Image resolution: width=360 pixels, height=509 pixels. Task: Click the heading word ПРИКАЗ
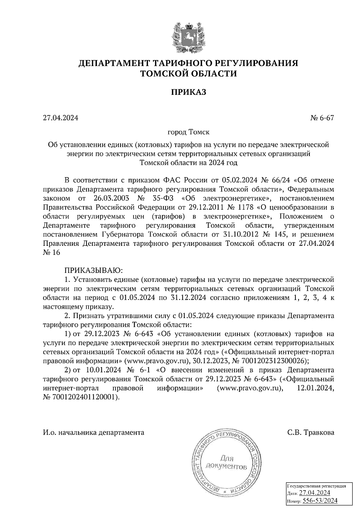tap(189, 92)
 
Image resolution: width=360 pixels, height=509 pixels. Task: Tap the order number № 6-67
tap(322, 118)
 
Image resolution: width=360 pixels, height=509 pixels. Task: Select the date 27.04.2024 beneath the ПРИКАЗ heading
tap(61, 118)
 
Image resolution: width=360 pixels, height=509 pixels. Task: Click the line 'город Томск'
tap(189, 132)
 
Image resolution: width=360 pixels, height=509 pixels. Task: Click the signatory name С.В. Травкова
tap(310, 433)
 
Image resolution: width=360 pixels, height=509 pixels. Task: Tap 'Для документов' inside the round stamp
tap(226, 463)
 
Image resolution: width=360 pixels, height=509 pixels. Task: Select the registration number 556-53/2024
tap(320, 500)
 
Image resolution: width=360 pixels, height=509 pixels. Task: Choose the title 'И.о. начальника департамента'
tap(94, 433)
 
